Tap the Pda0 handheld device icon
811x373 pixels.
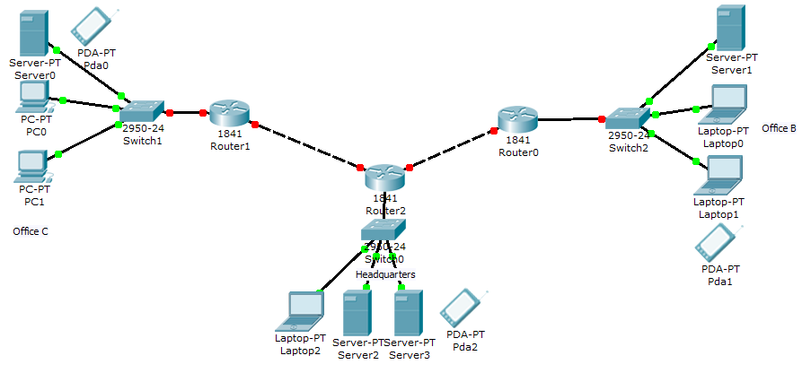(93, 26)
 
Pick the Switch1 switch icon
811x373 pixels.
(142, 110)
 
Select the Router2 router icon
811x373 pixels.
(385, 177)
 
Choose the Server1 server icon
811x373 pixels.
(729, 29)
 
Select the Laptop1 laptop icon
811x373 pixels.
(722, 175)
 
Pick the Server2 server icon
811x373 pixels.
(357, 312)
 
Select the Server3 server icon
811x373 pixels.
(408, 312)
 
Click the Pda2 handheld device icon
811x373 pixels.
(463, 309)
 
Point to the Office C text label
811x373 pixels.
(30, 231)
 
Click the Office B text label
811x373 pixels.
(779, 128)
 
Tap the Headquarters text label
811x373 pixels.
(385, 273)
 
